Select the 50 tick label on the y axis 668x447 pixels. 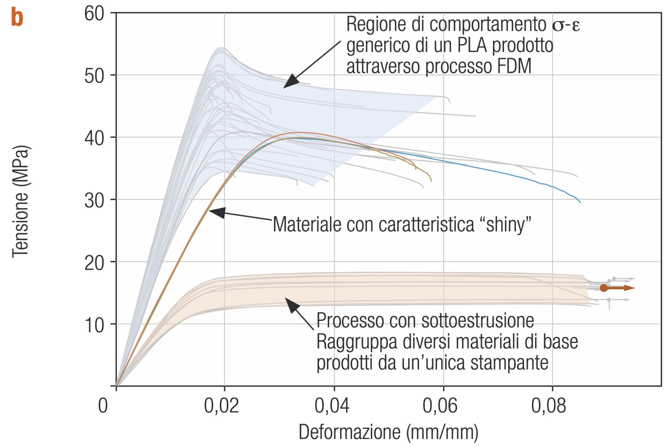(x=94, y=75)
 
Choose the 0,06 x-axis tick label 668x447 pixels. (x=440, y=406)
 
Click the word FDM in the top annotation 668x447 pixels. (x=513, y=66)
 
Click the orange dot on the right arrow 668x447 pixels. (x=604, y=288)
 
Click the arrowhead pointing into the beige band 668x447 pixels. (x=291, y=304)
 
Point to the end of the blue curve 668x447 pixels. (x=580, y=202)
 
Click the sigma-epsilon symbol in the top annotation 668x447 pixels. (x=566, y=25)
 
